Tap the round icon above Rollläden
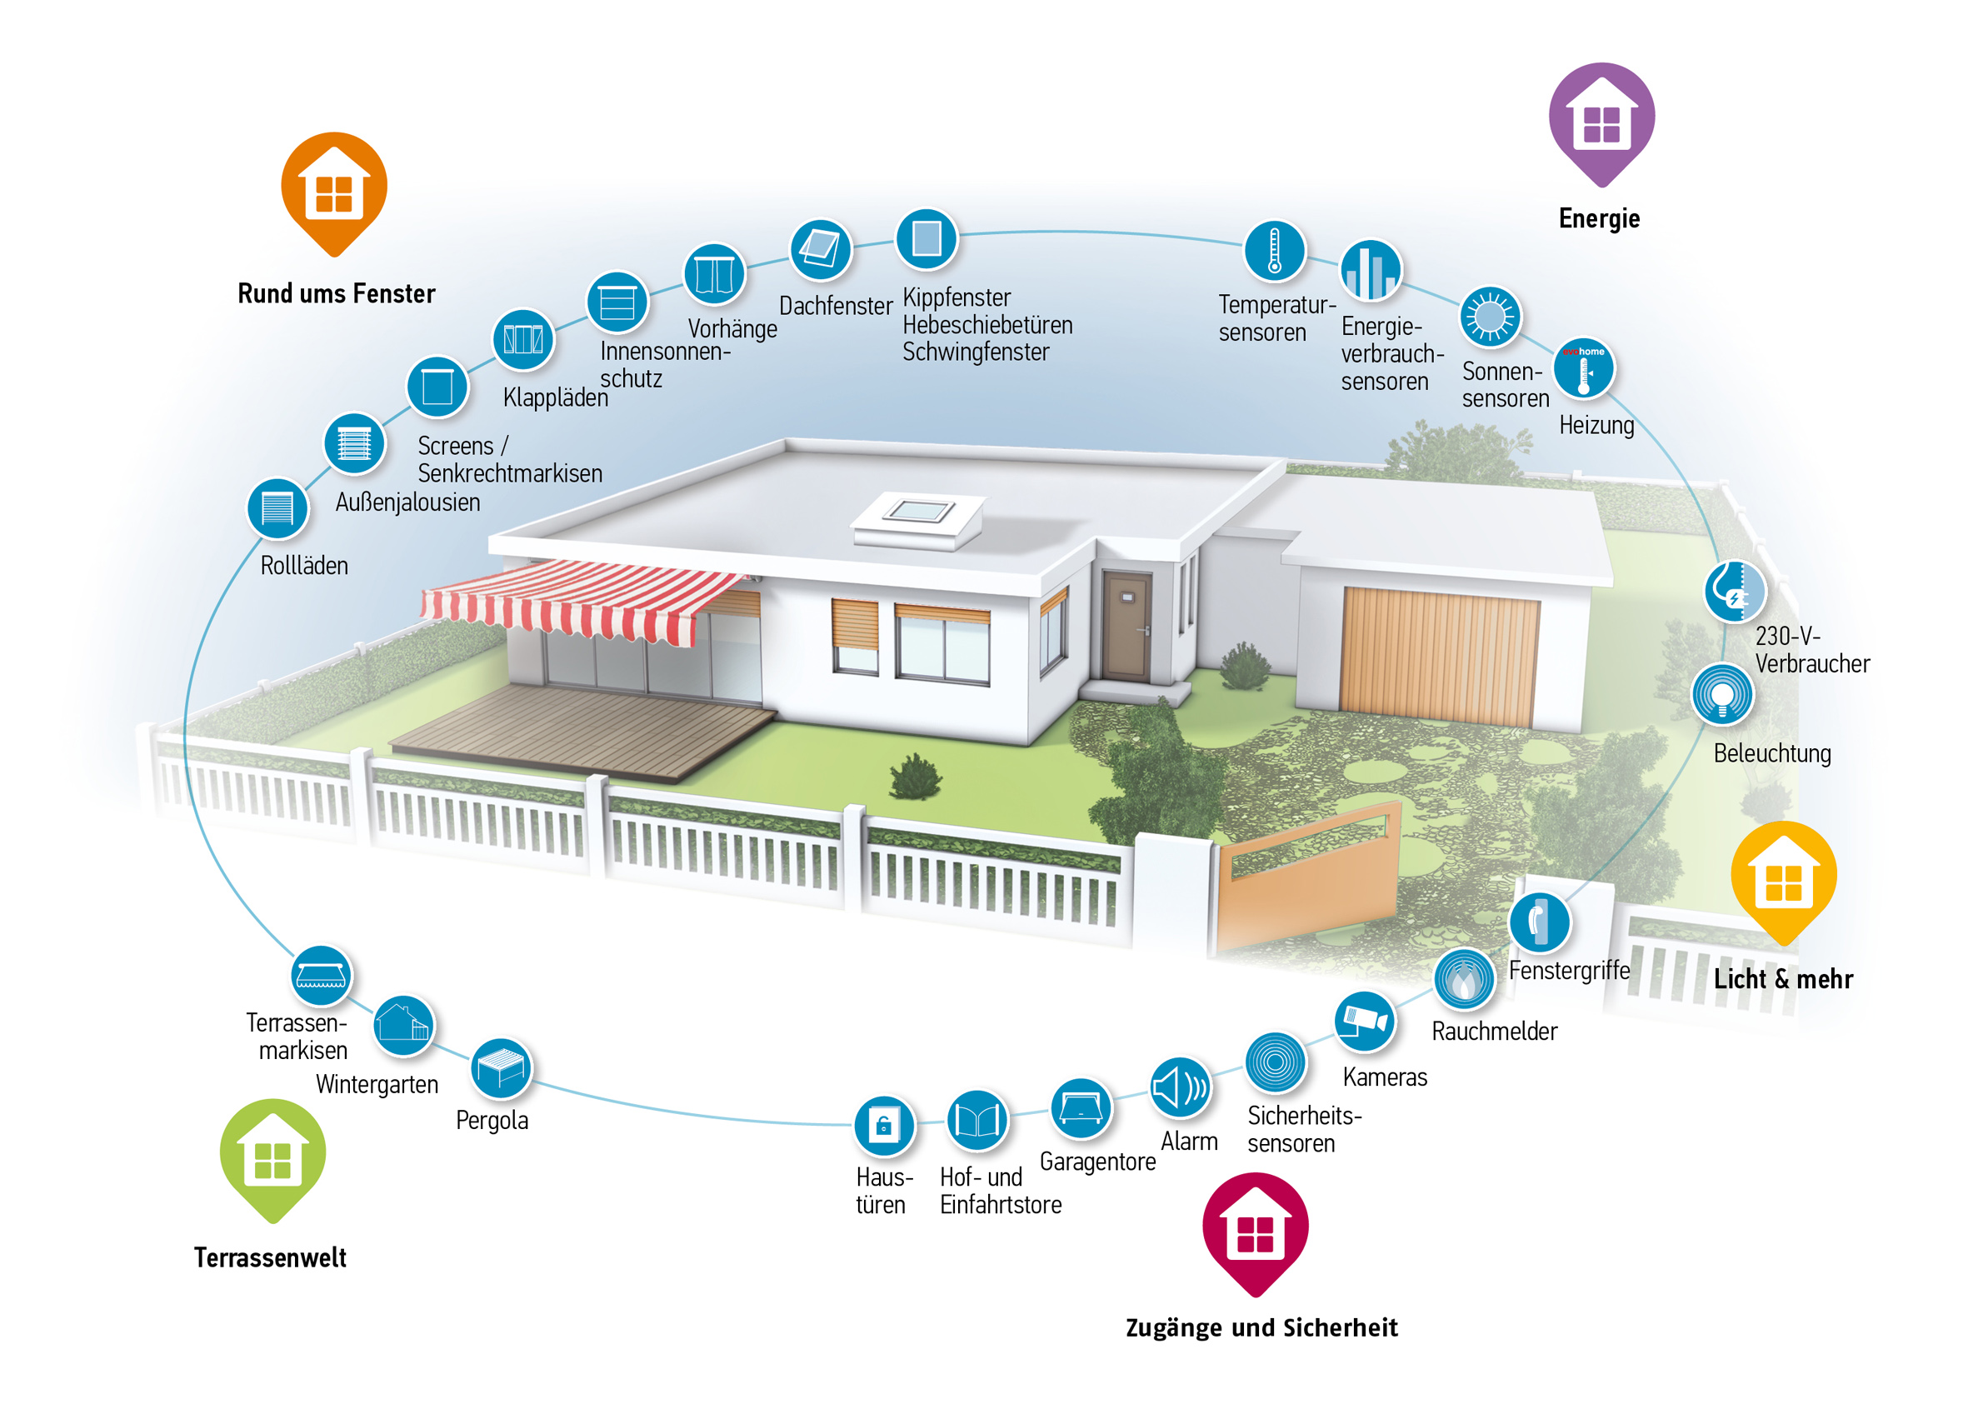coord(277,508)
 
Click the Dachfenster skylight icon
coord(820,250)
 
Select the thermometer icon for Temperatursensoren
coord(1274,251)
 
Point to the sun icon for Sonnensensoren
coord(1490,317)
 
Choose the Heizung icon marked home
coord(1584,367)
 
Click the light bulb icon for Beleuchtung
coord(1722,694)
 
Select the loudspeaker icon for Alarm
coord(1180,1087)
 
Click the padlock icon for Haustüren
coord(884,1127)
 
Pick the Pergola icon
coord(501,1068)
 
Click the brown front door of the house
coord(1126,625)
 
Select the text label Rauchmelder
coord(1494,1031)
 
